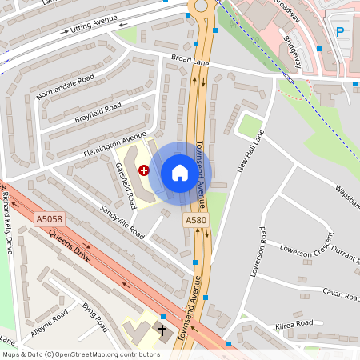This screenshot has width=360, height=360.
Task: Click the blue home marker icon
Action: coord(180,173)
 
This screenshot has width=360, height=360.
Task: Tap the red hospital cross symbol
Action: coord(144,170)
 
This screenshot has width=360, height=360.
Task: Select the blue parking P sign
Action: coord(341,32)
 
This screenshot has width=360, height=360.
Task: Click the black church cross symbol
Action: coord(163,330)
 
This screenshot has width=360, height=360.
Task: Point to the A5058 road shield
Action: coord(48,218)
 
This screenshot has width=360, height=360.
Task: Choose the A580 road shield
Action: coord(196,220)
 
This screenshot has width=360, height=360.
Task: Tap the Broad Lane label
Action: coord(190,58)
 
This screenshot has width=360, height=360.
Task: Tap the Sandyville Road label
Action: coord(122,221)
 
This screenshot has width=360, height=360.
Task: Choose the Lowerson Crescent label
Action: coord(306,244)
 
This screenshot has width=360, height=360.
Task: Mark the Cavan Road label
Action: coord(340,295)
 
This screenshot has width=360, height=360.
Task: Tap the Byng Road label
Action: coord(95,317)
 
